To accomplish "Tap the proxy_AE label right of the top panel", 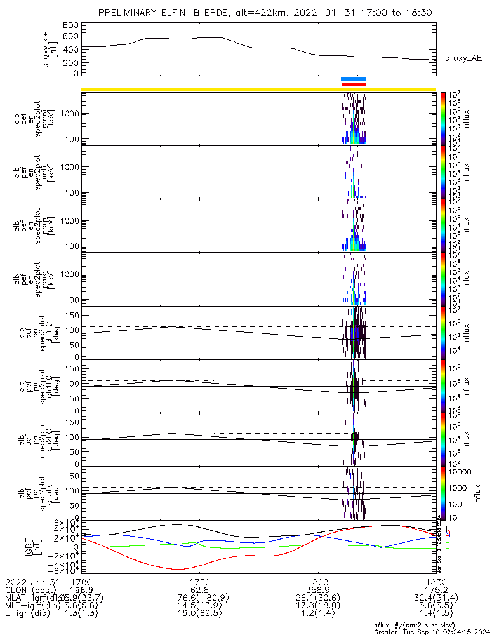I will [463, 58].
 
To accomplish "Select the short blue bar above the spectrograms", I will [354, 79].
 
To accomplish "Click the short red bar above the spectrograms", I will [354, 84].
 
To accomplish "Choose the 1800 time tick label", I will [318, 582].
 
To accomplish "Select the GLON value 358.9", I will [318, 590].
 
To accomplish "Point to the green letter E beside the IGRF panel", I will [448, 545].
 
